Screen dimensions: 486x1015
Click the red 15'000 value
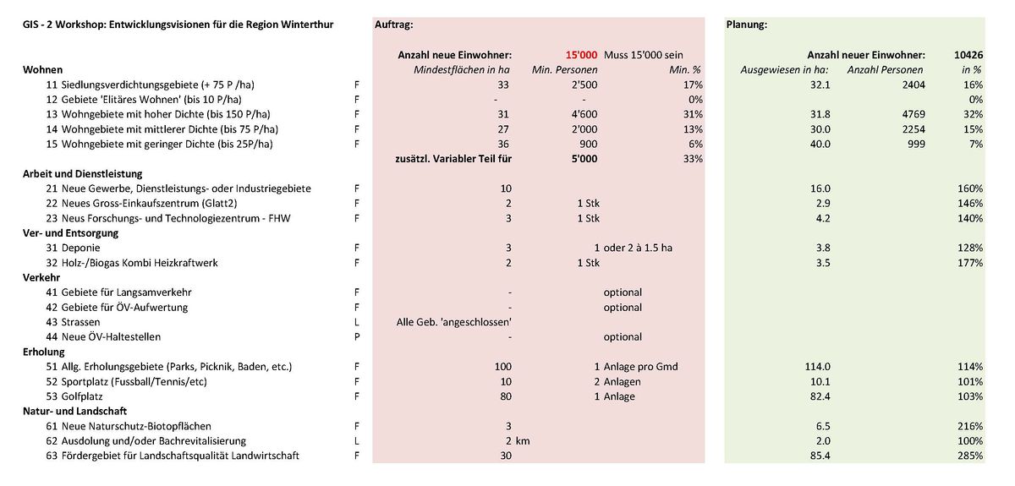pos(581,55)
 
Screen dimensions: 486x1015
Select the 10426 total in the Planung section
pos(965,55)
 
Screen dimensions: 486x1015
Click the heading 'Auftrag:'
pos(393,25)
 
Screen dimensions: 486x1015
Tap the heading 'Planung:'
pos(747,25)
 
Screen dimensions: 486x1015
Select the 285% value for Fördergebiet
pos(970,456)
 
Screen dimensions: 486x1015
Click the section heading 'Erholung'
pos(43,352)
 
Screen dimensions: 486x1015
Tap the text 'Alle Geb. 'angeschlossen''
pos(454,322)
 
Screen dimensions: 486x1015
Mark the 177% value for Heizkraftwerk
pos(970,263)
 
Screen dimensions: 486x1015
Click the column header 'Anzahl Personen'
pos(886,70)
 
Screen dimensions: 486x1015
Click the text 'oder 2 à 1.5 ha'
pos(640,248)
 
